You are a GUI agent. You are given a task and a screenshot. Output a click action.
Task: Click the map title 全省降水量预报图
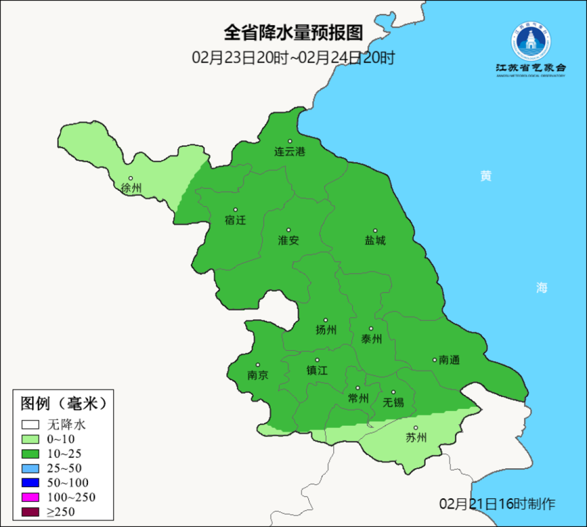pos(293,33)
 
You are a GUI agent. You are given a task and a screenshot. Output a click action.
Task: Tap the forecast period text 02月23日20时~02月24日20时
pos(293,58)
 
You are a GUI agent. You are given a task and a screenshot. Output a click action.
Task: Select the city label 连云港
pos(289,152)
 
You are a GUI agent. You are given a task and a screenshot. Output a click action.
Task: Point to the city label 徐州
pos(131,188)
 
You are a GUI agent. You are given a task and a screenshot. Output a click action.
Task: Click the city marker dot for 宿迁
pos(235,210)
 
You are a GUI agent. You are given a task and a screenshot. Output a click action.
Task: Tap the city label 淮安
pos(289,240)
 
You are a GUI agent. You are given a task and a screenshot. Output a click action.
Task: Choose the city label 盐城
pos(375,240)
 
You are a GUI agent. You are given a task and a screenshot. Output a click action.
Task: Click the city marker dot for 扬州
pos(326,320)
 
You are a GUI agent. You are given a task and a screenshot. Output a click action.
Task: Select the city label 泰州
pos(371,339)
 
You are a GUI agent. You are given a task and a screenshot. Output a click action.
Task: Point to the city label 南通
pos(449,360)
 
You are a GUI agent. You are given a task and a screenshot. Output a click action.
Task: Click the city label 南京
pos(258,375)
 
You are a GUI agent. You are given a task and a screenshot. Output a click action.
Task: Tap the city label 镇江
pos(317,370)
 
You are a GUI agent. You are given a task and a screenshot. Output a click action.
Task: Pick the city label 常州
pos(358,398)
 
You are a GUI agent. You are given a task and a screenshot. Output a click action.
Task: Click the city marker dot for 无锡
pos(394,392)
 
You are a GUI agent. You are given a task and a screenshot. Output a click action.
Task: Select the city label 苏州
pos(416,438)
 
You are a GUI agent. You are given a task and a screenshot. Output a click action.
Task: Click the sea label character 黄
pos(485,176)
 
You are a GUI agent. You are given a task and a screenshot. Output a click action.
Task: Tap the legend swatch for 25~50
pos(30,468)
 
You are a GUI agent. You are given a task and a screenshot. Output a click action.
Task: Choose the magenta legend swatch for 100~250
pos(30,497)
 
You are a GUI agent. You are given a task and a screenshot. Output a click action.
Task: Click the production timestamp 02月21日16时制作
pos(497,504)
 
